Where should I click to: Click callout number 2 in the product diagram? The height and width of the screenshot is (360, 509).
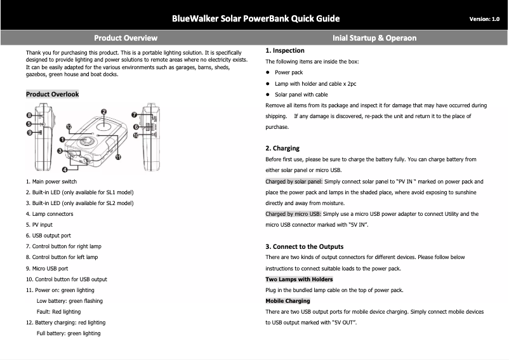tap(103, 112)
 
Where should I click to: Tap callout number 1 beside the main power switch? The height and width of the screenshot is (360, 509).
tap(63, 140)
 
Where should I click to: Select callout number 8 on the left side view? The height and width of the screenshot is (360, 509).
tap(29, 115)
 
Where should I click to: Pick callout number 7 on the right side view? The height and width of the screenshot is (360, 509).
tap(134, 115)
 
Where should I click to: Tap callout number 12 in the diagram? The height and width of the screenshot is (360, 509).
tap(68, 127)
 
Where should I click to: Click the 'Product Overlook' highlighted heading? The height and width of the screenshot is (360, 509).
tap(52, 94)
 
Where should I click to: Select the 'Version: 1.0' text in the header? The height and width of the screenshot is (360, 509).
tap(484, 19)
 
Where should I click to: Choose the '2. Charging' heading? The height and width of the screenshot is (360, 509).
tap(282, 149)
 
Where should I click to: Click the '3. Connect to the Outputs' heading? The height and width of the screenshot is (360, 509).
tap(304, 246)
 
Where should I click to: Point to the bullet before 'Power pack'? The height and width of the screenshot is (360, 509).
tap(268, 72)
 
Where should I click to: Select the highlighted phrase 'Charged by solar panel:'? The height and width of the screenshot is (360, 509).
tap(294, 182)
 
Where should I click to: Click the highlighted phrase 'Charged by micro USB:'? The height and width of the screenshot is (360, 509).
tap(293, 214)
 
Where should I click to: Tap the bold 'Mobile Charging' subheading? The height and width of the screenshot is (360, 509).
tap(288, 301)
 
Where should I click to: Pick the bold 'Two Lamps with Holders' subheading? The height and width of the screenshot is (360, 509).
tap(298, 279)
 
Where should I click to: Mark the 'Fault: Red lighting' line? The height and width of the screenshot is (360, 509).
tap(58, 312)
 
